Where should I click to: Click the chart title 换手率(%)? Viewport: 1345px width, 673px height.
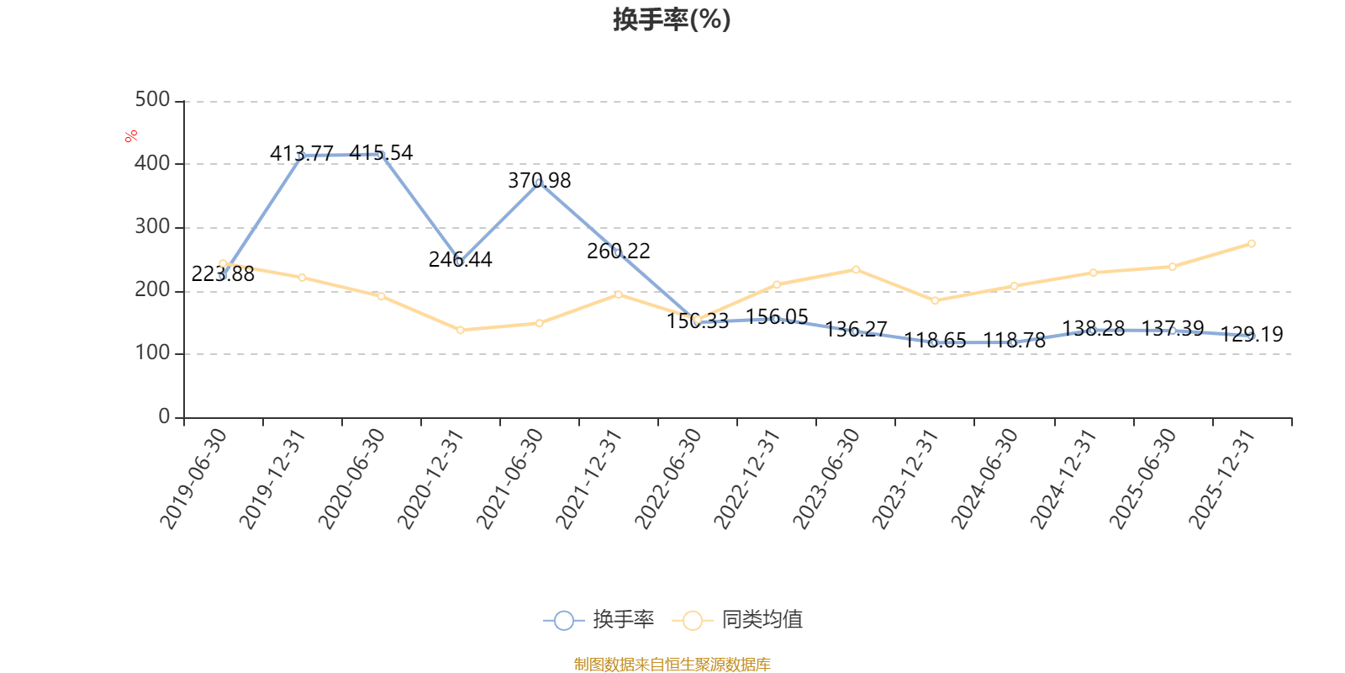pos(672,19)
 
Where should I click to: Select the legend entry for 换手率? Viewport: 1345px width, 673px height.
pos(599,619)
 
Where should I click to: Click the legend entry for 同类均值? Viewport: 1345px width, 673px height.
pos(737,619)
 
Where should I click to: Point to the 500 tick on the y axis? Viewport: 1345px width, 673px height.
pos(152,100)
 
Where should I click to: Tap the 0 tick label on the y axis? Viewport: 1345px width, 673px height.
pos(164,416)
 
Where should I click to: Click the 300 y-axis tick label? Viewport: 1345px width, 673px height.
pos(152,226)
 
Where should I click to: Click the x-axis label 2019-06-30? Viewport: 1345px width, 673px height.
pos(193,479)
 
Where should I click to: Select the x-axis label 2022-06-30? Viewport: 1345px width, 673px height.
pos(667,479)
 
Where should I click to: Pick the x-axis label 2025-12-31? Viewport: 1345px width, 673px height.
pos(1222,479)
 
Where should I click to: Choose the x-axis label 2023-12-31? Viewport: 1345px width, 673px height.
pos(905,479)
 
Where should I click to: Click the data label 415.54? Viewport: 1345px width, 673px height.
pos(382,152)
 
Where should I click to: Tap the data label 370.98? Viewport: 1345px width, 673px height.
pos(539,180)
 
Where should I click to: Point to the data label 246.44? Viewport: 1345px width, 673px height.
pos(461,260)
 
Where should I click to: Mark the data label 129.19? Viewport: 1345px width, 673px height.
pos(1252,334)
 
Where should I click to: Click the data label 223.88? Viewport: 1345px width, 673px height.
pos(223,274)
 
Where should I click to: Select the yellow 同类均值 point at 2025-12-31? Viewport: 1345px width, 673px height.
pos(1252,244)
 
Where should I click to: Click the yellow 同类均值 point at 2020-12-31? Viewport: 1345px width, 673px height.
pos(461,331)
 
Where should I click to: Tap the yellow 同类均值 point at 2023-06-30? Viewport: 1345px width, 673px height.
pos(856,270)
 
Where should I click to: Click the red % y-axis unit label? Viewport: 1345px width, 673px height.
pos(131,136)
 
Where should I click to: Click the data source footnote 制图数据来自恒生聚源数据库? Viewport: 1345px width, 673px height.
pos(672,664)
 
